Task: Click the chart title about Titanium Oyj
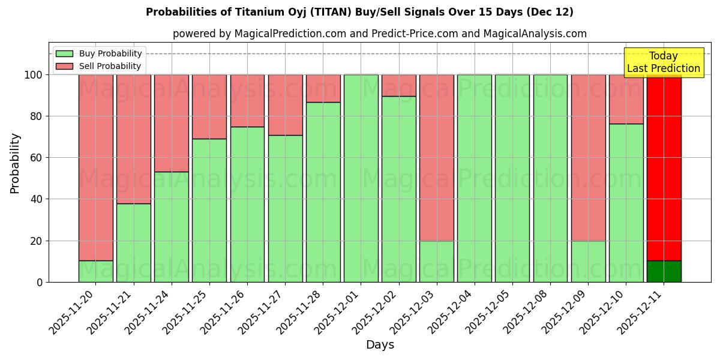[x=359, y=12]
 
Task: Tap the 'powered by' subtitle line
[x=379, y=34]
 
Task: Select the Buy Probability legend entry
[x=110, y=53]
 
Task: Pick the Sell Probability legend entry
[x=110, y=66]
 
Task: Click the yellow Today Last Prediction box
[x=663, y=62]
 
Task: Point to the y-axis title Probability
[x=15, y=163]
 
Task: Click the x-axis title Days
[x=380, y=345]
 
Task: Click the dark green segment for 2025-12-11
[x=664, y=271]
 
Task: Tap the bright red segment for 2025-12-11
[x=664, y=167]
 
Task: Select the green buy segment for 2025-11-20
[x=95, y=271]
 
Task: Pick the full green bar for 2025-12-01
[x=361, y=178]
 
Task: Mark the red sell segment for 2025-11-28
[x=323, y=88]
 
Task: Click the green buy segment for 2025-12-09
[x=588, y=261]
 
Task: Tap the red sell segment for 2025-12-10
[x=626, y=99]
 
